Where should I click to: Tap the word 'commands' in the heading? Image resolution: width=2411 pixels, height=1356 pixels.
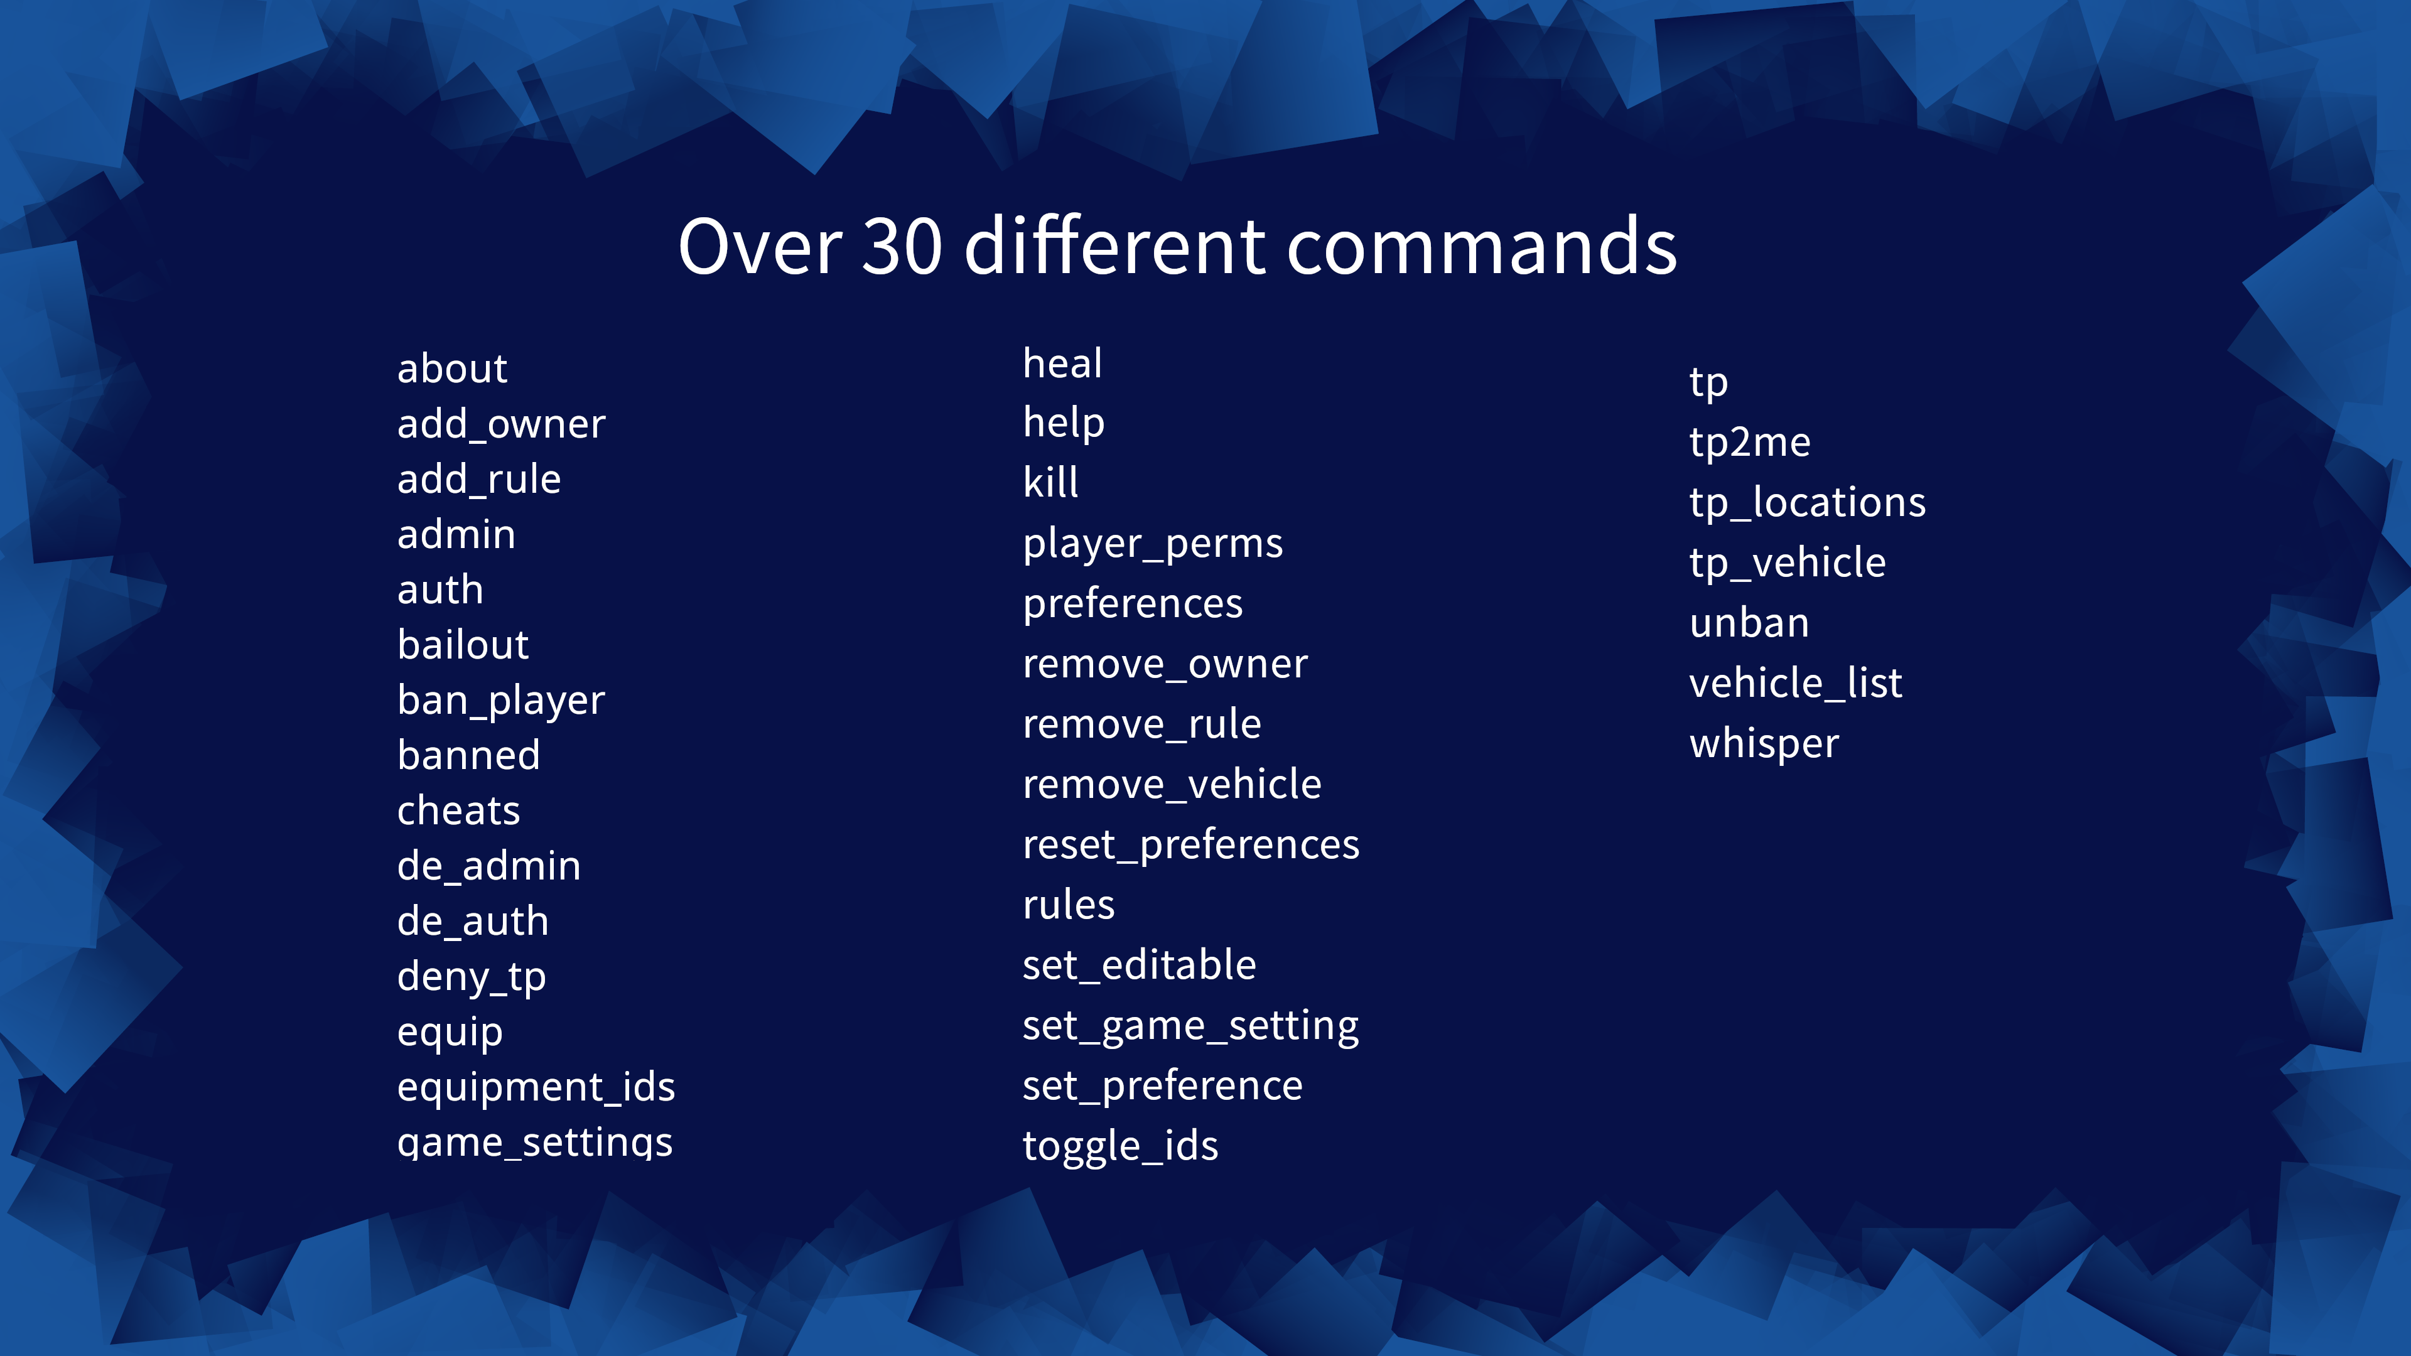(1482, 245)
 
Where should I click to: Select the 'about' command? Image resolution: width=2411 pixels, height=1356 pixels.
(452, 369)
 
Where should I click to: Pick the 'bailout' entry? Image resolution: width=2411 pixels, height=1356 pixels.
(462, 645)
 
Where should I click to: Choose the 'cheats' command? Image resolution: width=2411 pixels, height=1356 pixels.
(458, 811)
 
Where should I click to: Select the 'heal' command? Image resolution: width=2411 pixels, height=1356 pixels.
(1062, 363)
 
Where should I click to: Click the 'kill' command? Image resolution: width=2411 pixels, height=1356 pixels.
(1050, 483)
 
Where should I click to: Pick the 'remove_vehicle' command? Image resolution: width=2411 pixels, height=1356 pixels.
(1172, 784)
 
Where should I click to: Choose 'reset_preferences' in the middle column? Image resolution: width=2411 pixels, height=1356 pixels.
(1190, 845)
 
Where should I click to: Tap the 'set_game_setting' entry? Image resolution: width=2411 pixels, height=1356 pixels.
(1190, 1026)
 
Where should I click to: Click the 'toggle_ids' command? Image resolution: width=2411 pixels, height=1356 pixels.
(1120, 1146)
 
